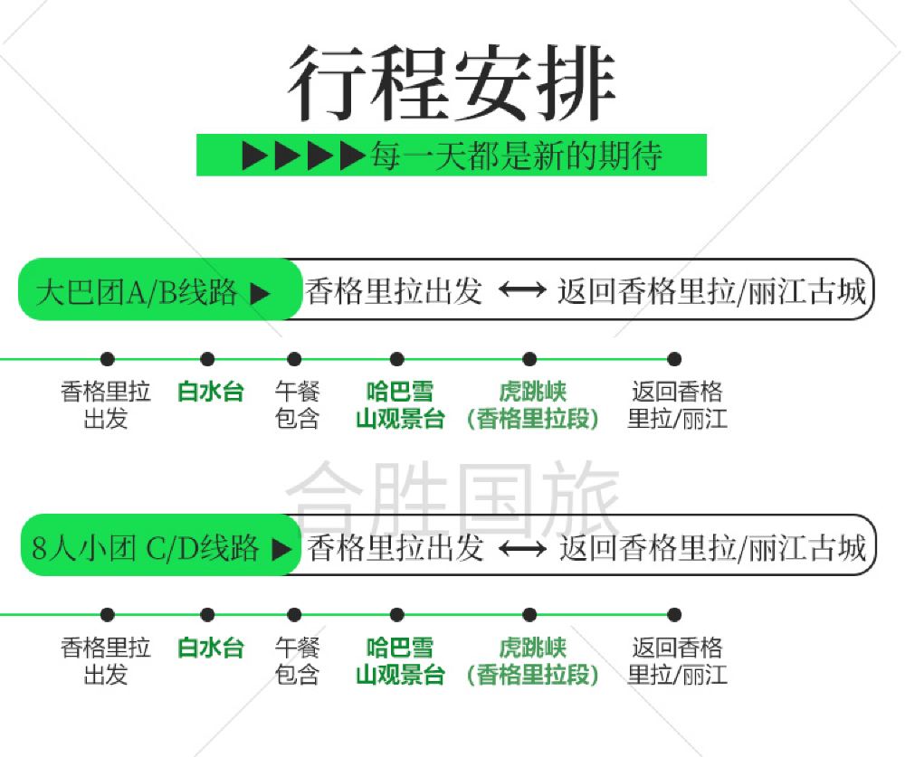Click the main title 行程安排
[x=452, y=83]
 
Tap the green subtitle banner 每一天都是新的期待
[x=452, y=155]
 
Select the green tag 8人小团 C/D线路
[x=161, y=545]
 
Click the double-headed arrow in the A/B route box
[x=522, y=289]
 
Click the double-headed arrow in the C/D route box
[x=522, y=548]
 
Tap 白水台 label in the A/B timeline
[x=211, y=392]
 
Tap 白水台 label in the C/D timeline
[x=211, y=648]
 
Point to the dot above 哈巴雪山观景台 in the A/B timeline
[x=397, y=359]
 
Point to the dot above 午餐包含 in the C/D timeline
[x=294, y=615]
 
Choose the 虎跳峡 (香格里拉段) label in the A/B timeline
[x=533, y=405]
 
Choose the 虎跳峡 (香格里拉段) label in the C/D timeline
[x=533, y=661]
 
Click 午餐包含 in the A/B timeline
[x=297, y=405]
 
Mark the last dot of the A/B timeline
[x=674, y=359]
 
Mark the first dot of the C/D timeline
[x=108, y=615]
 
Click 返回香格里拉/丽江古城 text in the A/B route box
[x=712, y=291]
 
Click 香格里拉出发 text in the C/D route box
[x=395, y=548]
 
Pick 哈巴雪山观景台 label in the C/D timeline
[x=400, y=661]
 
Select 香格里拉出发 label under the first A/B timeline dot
[x=106, y=405]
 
